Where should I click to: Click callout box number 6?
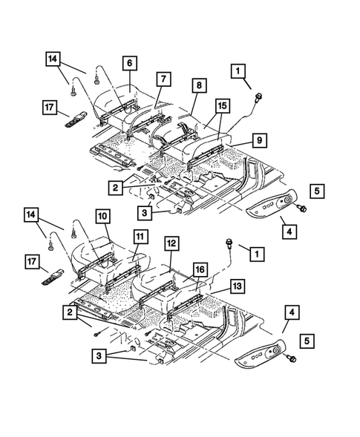point(129,65)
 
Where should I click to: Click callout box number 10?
point(103,217)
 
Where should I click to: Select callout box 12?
point(171,243)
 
